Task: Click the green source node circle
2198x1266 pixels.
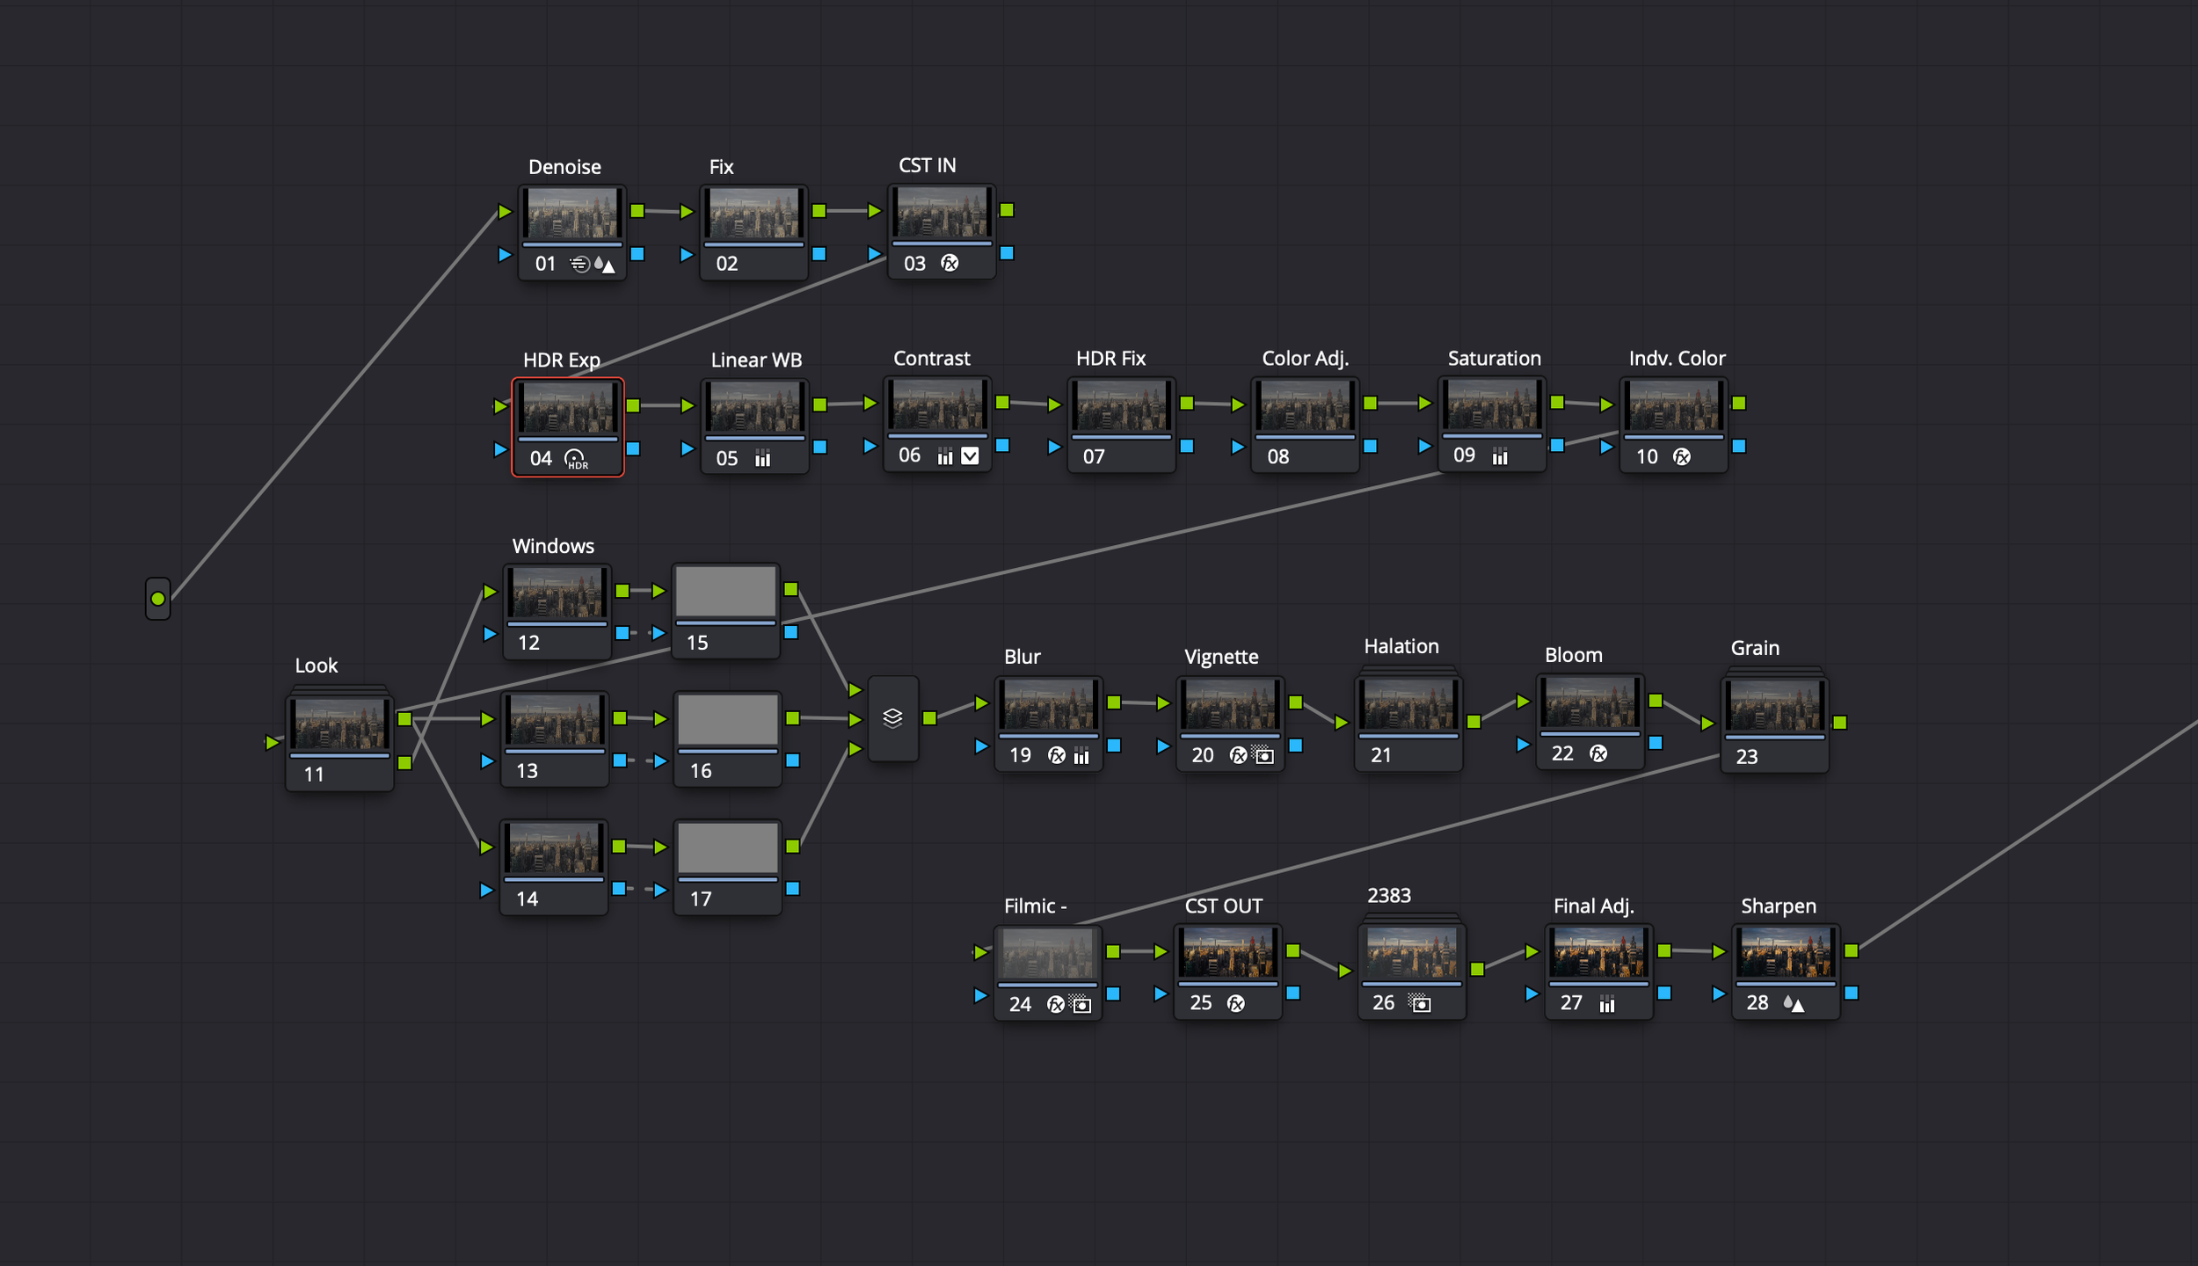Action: coord(157,599)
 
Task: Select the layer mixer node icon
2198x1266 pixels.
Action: coord(892,718)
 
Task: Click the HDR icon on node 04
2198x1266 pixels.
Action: coord(575,459)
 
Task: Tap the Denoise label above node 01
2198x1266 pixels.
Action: coord(564,167)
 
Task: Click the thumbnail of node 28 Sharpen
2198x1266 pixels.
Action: coord(1785,953)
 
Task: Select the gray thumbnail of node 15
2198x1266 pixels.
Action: coord(725,592)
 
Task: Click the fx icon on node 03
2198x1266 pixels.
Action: coord(950,263)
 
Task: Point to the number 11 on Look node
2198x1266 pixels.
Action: coord(314,775)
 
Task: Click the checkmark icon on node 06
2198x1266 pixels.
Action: coord(970,455)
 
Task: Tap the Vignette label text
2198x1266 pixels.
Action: coord(1221,657)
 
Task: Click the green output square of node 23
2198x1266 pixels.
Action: coord(1840,723)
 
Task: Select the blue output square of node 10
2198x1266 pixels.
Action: coord(1739,447)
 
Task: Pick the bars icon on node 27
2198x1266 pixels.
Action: coord(1607,1004)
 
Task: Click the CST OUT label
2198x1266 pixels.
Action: coord(1223,906)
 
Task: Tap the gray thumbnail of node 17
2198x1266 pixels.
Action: coord(727,848)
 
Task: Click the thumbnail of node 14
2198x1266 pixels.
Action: coord(553,848)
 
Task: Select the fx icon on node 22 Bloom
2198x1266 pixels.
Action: coord(1598,753)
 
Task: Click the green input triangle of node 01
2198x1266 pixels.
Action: coord(505,212)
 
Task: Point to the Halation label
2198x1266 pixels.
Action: coord(1401,646)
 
